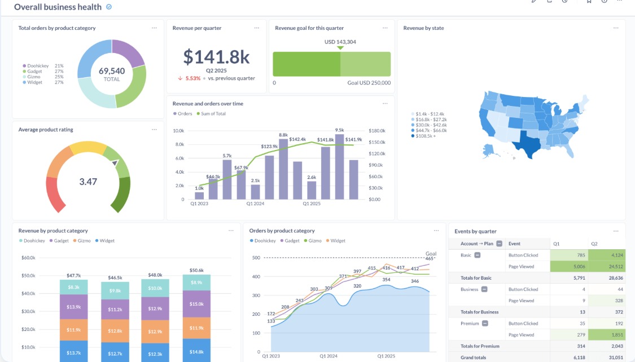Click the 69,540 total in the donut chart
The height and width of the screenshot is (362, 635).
(112, 71)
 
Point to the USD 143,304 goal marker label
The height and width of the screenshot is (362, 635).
(340, 42)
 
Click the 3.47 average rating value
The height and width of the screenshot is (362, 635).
(88, 182)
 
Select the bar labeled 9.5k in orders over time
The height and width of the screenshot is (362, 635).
(339, 167)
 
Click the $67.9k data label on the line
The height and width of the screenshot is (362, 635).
(242, 167)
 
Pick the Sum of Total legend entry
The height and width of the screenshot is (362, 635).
(213, 114)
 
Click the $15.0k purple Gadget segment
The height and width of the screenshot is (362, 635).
(196, 304)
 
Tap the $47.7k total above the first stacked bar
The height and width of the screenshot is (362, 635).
(73, 276)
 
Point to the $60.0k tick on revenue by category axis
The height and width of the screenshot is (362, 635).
(28, 258)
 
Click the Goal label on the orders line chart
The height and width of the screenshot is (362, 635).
(431, 253)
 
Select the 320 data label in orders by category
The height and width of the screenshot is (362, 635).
(357, 286)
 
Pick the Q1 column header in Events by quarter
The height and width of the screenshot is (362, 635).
(557, 244)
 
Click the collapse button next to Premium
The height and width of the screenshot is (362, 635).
(485, 323)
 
